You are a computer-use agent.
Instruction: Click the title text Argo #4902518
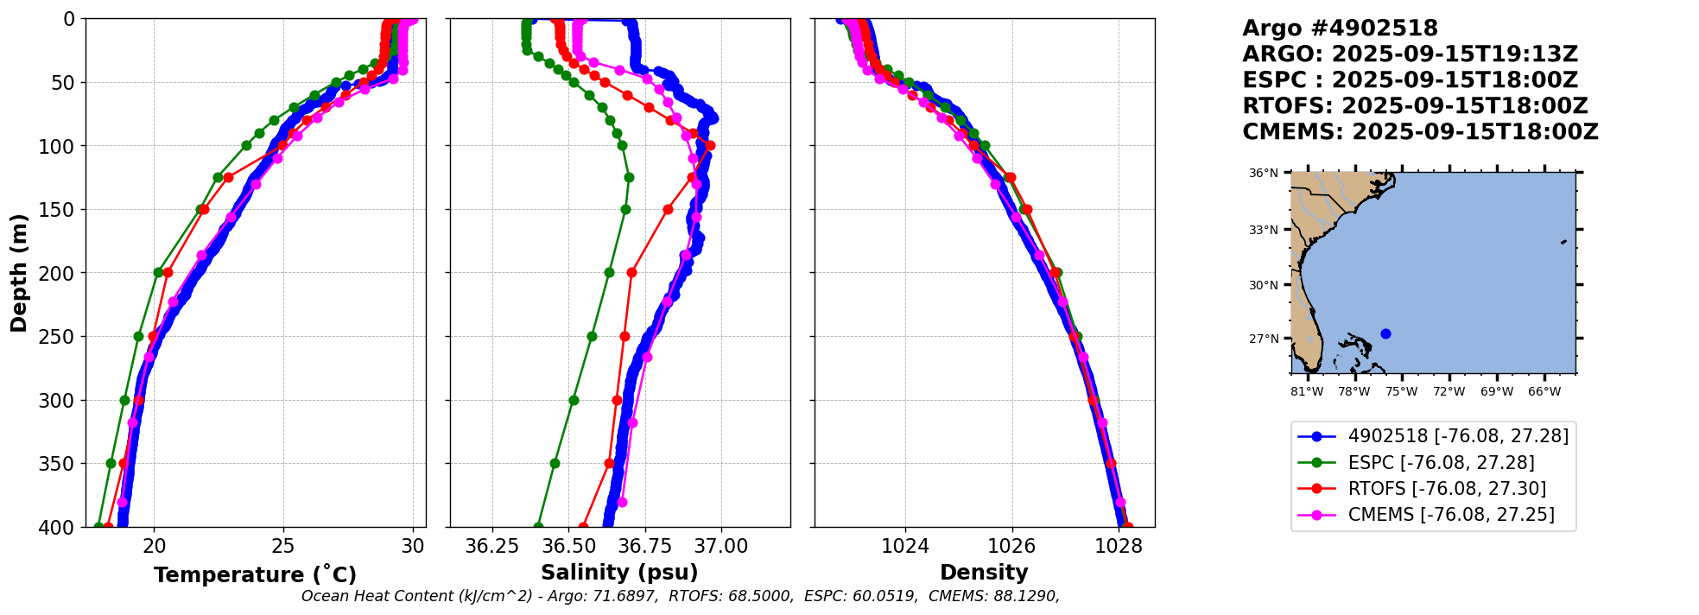pyautogui.click(x=1340, y=29)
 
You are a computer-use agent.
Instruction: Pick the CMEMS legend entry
pyautogui.click(x=1450, y=515)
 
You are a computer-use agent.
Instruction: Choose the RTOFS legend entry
pyautogui.click(x=1446, y=489)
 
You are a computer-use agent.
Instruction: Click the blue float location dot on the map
pyautogui.click(x=1385, y=333)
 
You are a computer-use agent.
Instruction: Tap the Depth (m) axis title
pyautogui.click(x=18, y=273)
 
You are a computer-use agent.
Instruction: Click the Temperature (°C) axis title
pyautogui.click(x=255, y=575)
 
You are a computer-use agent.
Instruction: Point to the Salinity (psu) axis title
pyautogui.click(x=619, y=573)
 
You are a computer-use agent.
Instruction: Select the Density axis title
pyautogui.click(x=984, y=573)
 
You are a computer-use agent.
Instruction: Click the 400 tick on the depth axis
pyautogui.click(x=62, y=527)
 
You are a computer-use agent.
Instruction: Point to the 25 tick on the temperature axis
pyautogui.click(x=283, y=546)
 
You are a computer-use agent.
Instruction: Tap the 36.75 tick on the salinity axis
pyautogui.click(x=645, y=546)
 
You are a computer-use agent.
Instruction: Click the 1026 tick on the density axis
pyautogui.click(x=1011, y=546)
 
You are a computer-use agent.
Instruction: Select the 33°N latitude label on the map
pyautogui.click(x=1263, y=230)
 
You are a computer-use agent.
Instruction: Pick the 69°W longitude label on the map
pyautogui.click(x=1497, y=391)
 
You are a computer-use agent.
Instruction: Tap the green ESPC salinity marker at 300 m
pyautogui.click(x=574, y=400)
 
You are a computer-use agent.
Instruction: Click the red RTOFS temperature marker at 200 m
pyautogui.click(x=168, y=273)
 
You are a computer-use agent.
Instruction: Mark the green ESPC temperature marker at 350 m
pyautogui.click(x=111, y=463)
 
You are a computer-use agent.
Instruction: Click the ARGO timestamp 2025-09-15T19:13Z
pyautogui.click(x=1455, y=54)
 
